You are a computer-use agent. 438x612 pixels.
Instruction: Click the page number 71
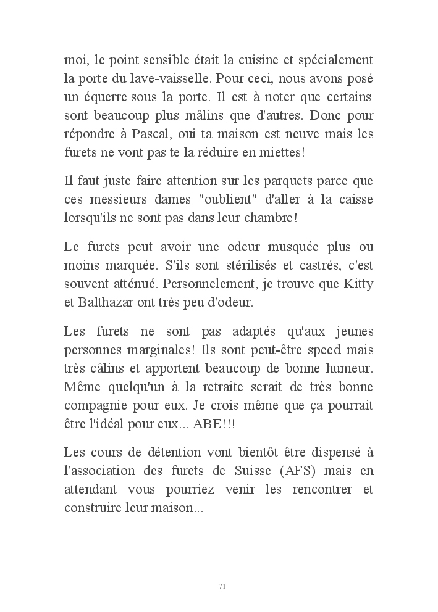pyautogui.click(x=222, y=585)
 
